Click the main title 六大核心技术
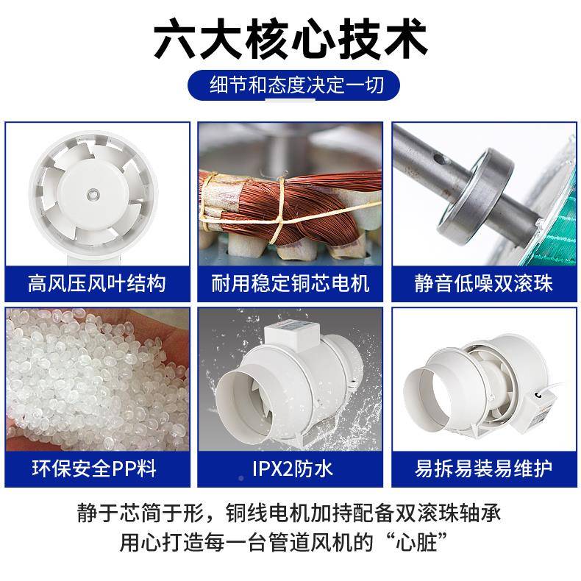[290, 39]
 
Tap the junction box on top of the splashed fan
[294, 335]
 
